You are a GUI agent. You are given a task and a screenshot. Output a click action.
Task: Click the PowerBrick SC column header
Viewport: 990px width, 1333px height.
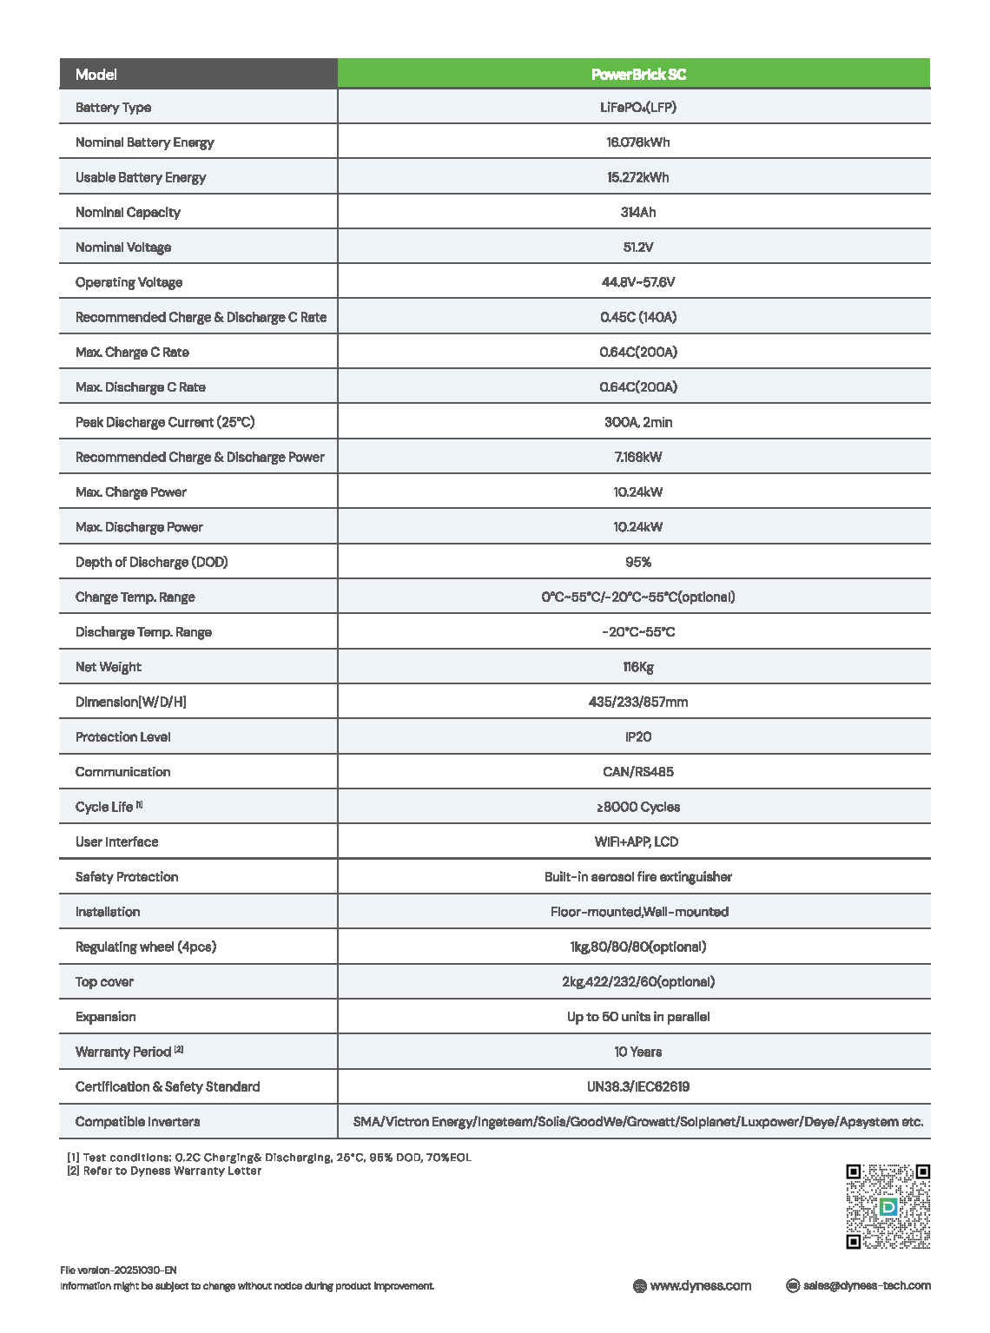(x=638, y=75)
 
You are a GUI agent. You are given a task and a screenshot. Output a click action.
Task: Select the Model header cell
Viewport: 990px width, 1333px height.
(x=96, y=75)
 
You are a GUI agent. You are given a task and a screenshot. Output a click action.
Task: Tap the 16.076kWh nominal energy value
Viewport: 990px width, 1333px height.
(x=638, y=142)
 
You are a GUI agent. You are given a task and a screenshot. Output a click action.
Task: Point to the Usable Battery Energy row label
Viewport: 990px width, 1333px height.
(x=141, y=177)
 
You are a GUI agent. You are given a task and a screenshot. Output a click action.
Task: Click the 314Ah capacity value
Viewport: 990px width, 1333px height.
(x=638, y=212)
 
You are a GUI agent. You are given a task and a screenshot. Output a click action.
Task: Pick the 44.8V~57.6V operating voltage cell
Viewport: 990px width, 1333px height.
(x=638, y=282)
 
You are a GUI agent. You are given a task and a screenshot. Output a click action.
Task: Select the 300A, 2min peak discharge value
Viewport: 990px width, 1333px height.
(x=638, y=422)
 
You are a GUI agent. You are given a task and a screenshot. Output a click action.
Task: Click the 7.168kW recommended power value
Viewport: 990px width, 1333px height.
(x=638, y=457)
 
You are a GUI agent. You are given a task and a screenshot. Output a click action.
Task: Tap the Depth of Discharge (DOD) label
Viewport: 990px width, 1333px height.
(x=151, y=562)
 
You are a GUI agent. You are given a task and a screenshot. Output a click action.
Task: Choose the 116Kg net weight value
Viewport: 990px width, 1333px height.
(x=638, y=667)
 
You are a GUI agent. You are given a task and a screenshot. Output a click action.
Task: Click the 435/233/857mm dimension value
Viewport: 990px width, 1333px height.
(x=638, y=702)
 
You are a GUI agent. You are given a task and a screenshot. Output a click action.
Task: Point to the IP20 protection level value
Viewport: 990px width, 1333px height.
(x=638, y=736)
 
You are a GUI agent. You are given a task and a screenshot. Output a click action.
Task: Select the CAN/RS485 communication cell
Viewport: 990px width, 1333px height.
(x=638, y=772)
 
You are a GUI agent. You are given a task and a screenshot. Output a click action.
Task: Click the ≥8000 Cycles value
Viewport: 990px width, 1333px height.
(x=638, y=807)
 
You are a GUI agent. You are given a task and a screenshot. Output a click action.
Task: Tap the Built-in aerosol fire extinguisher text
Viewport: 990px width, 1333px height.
(x=638, y=877)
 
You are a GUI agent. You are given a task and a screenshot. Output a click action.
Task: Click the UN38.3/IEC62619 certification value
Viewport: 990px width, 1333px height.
(x=638, y=1086)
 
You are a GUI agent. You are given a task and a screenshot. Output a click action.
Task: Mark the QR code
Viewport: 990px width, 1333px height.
(x=888, y=1206)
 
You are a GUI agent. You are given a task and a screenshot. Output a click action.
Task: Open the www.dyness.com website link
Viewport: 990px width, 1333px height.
(x=700, y=1286)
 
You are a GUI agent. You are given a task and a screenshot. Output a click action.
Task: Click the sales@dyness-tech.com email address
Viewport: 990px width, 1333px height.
(x=867, y=1286)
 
